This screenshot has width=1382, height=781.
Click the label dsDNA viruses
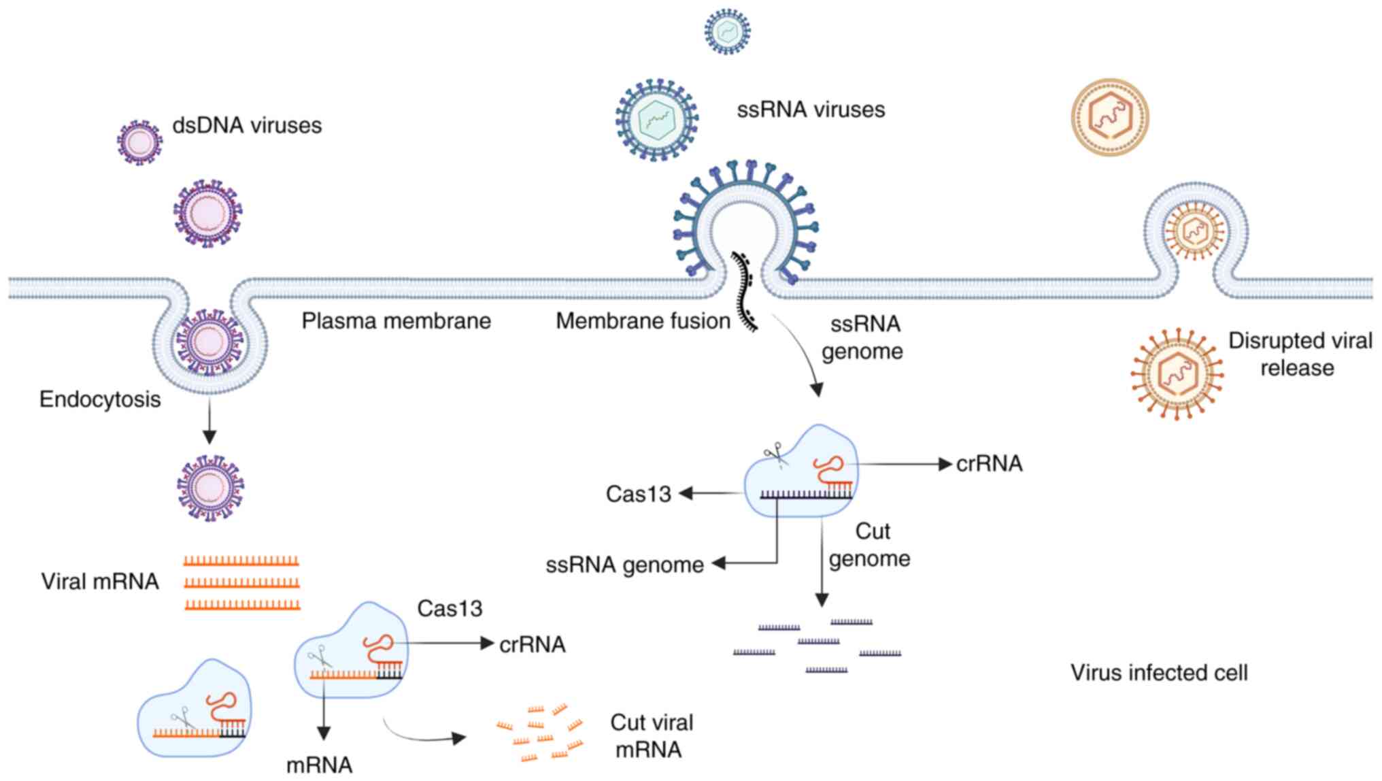[247, 126]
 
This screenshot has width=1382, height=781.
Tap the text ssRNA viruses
[811, 110]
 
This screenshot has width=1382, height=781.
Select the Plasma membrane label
[396, 321]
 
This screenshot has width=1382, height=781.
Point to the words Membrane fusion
[643, 321]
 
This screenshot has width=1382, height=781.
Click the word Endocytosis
[100, 399]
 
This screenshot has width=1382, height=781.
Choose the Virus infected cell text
[1159, 673]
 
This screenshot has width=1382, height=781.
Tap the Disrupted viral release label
[1299, 354]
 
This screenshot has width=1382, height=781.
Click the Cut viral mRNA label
[651, 736]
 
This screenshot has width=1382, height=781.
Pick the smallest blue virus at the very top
[727, 31]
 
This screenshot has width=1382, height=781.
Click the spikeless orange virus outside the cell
[1110, 117]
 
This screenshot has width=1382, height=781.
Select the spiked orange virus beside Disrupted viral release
[1177, 373]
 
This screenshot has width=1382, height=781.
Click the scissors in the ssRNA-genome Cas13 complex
[774, 455]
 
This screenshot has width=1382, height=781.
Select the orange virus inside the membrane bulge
[1195, 231]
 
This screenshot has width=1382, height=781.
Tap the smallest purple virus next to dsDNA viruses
[139, 143]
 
